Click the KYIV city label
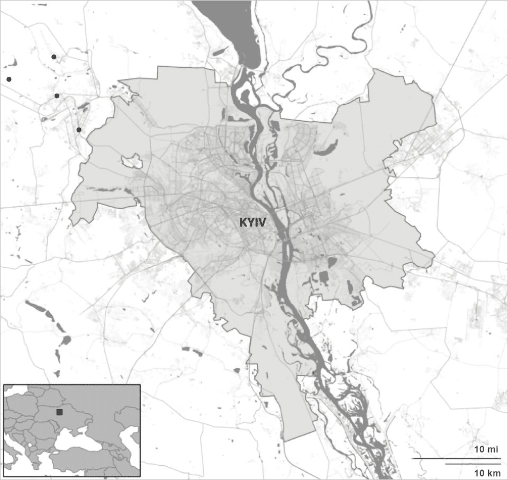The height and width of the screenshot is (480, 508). coord(252,223)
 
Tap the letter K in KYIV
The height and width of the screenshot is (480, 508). coord(242,223)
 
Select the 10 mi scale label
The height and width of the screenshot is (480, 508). coord(486,449)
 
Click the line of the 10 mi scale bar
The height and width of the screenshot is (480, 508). coord(456,458)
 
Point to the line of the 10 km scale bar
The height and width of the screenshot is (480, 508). coord(473,464)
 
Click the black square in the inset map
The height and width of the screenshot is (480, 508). coord(59,412)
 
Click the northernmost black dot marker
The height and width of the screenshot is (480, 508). coord(53,57)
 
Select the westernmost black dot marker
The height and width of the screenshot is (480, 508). coord(8,79)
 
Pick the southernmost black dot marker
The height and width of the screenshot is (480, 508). coord(79,130)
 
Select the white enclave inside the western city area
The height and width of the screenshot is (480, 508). coord(131,160)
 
